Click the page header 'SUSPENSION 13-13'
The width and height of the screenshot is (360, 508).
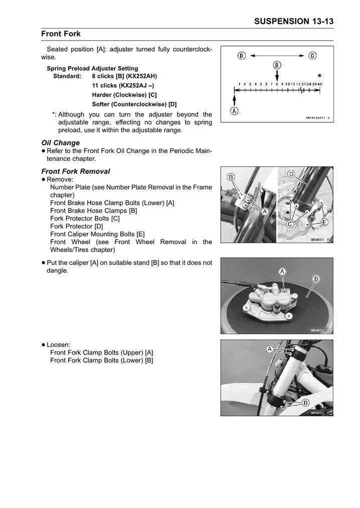294,21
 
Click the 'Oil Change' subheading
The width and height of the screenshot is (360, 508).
60,143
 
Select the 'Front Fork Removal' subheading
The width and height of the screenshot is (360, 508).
75,171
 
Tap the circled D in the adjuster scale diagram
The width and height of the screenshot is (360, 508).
242,56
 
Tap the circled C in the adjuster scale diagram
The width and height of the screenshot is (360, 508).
312,56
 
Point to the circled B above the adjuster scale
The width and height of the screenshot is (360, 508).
277,65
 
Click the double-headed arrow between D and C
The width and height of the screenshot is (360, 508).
277,56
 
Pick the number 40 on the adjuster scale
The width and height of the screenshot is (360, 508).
319,84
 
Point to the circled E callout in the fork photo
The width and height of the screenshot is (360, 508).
324,222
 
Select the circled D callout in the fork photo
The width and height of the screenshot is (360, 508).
291,174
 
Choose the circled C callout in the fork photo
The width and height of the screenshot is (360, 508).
289,224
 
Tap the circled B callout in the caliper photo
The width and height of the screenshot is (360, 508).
316,279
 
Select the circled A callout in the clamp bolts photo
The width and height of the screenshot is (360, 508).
270,349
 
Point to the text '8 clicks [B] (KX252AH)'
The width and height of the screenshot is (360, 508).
124,76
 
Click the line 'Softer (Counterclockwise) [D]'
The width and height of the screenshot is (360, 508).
134,104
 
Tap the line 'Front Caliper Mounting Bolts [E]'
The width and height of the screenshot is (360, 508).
97,234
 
